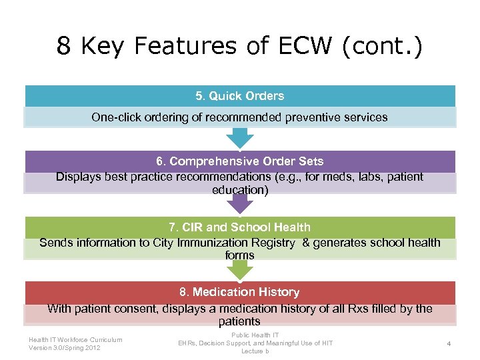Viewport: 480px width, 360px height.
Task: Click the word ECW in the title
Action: pos(313,46)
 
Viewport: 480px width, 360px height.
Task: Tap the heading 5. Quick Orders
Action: pos(240,96)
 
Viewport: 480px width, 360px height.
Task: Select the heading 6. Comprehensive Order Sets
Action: pos(240,161)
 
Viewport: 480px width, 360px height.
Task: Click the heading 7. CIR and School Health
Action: pos(240,227)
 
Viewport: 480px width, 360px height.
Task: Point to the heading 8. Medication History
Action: pos(240,292)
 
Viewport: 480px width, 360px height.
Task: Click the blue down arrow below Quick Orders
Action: pos(240,138)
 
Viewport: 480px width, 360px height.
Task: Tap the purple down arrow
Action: pos(240,203)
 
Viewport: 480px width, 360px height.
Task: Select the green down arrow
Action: pos(240,269)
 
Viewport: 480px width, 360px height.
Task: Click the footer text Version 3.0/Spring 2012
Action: pos(65,347)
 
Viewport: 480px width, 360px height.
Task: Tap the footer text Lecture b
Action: pos(255,351)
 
